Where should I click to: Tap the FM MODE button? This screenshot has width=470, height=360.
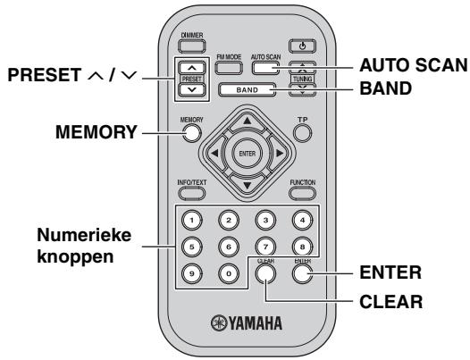226,68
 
